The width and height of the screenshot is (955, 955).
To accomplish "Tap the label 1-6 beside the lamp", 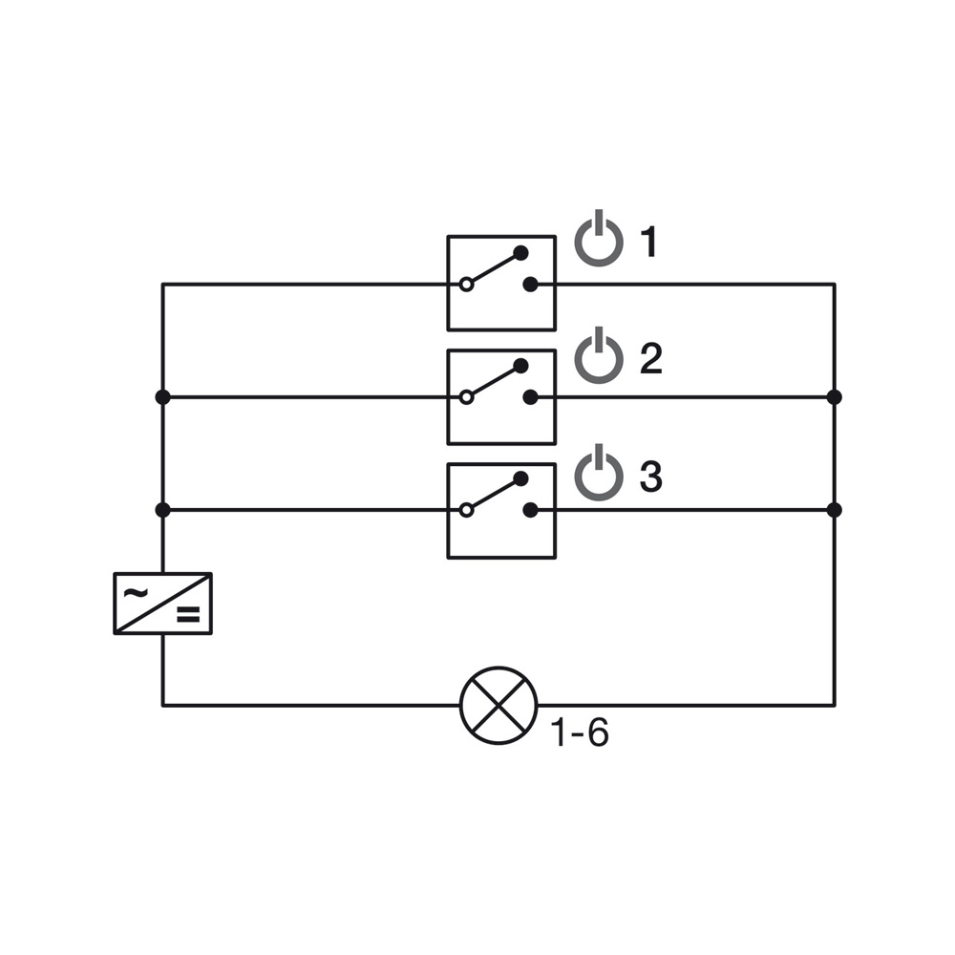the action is coord(580,732).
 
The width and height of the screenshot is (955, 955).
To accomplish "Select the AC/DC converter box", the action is coord(162,604).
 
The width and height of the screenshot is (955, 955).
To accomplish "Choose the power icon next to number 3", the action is coord(599,474).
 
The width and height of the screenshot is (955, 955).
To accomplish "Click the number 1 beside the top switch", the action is coord(649,242).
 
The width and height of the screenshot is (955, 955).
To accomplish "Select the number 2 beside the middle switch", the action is coord(651,359).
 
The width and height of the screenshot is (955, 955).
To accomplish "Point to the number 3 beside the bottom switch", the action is coord(651,477).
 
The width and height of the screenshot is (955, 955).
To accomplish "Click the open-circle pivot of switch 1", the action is coord(467,285).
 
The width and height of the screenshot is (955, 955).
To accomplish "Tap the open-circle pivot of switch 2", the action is coord(467,397).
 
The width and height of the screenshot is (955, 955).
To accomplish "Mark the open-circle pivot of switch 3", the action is coord(467,510).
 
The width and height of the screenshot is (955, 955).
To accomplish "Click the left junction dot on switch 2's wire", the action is coord(162,397).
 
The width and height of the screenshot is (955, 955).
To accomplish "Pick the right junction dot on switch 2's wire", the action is coord(835,397).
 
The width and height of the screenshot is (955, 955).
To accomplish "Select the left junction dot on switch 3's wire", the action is coord(162,510).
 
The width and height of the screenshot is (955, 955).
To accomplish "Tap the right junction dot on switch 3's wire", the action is coord(835,510).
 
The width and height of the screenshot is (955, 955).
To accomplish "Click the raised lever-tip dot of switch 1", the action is coord(520,253).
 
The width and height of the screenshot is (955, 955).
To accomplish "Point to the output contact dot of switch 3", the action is coord(530,510).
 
